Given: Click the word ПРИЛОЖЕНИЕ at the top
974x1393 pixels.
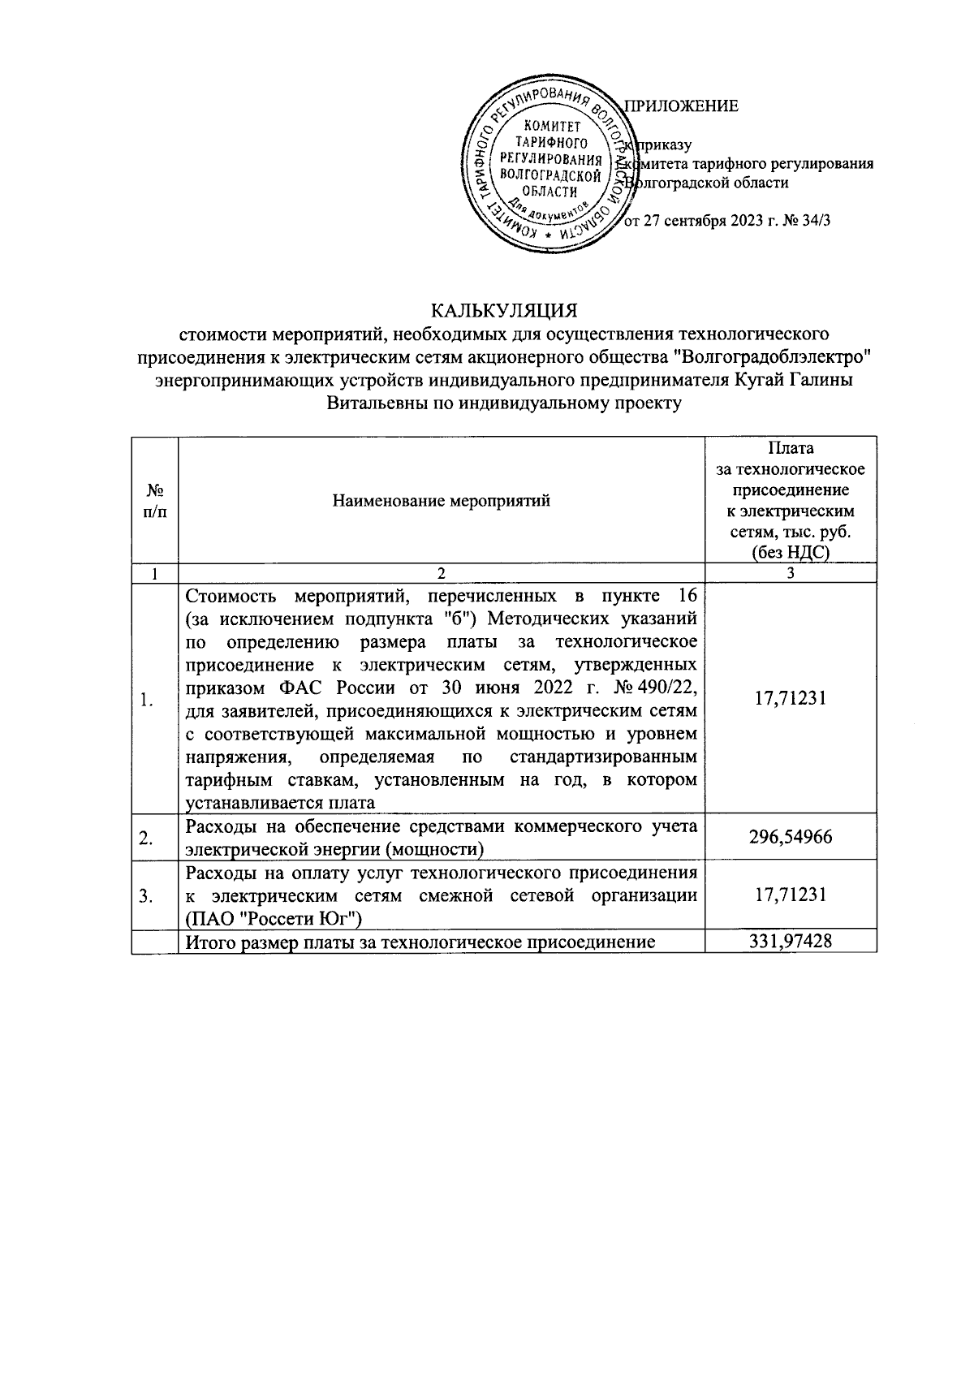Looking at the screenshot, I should [x=681, y=106].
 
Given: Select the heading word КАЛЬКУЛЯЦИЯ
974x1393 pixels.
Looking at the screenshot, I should [x=503, y=312].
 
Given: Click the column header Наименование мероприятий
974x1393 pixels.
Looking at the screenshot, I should [x=442, y=500].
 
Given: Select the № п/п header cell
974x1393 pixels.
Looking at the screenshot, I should [x=154, y=500].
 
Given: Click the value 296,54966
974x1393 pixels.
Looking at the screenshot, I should [x=790, y=837].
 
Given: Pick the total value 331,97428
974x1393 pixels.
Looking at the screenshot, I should [x=790, y=941].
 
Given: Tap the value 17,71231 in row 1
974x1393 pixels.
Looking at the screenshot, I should [x=790, y=698].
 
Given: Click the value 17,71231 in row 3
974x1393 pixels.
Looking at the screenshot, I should [x=790, y=895].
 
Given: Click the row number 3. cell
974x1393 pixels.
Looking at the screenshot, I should [x=147, y=896].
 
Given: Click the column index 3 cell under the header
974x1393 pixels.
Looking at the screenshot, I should [x=790, y=573].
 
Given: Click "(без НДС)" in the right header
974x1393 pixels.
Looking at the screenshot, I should [x=790, y=554].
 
